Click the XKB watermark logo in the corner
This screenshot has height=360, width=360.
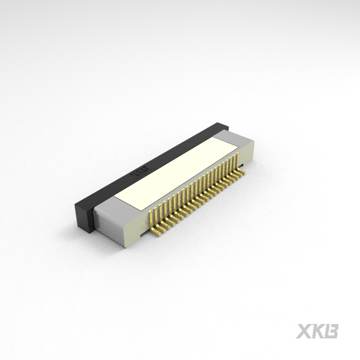(317, 331)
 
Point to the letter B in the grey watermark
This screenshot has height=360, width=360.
(331, 331)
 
